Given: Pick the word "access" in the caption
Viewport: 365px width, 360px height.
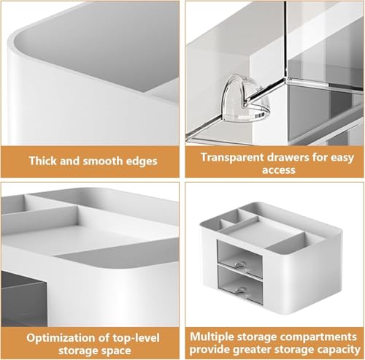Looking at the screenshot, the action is pyautogui.click(x=279, y=170).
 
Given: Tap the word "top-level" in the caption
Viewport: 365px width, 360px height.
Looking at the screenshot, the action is pyautogui.click(x=136, y=338).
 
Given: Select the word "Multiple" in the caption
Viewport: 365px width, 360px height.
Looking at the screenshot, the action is pyautogui.click(x=212, y=337).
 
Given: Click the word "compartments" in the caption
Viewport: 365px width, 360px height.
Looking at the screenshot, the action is pyautogui.click(x=319, y=337).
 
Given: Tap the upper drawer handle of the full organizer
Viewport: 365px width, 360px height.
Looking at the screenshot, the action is pyautogui.click(x=241, y=266).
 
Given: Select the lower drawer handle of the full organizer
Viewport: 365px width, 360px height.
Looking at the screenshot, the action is pyautogui.click(x=241, y=291).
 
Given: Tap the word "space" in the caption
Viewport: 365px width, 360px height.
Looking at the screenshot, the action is pyautogui.click(x=114, y=351).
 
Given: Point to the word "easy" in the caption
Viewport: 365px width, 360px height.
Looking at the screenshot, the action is pyautogui.click(x=342, y=158).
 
